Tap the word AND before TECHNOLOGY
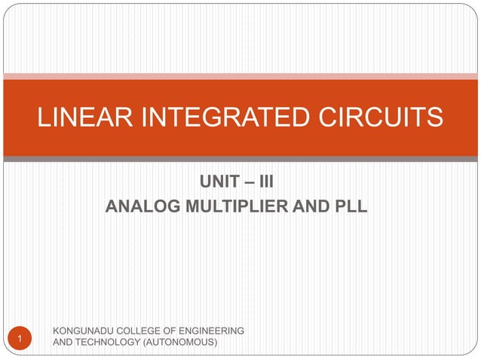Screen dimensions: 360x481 (61, 343)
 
